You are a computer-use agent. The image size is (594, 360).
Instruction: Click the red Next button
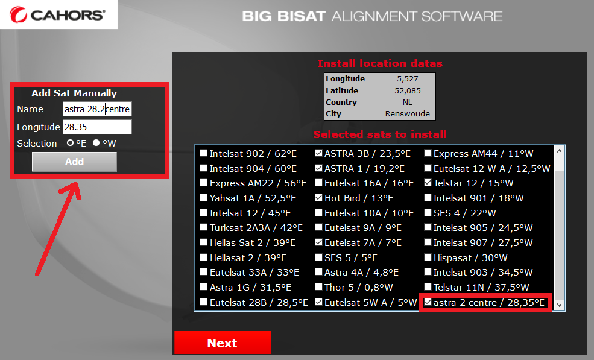(x=223, y=343)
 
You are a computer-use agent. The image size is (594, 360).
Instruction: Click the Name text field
(x=97, y=109)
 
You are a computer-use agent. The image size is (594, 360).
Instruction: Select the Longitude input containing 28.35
(x=97, y=127)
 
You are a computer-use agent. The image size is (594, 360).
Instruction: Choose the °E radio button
(x=70, y=143)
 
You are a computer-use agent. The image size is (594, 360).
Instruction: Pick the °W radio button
(x=96, y=143)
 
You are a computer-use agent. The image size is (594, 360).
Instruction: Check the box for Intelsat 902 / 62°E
(x=204, y=153)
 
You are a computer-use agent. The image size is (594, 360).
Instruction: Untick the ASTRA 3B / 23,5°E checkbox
(x=318, y=153)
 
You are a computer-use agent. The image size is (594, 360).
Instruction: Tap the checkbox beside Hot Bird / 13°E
(x=318, y=198)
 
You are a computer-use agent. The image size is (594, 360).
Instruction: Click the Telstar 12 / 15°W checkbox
(x=428, y=183)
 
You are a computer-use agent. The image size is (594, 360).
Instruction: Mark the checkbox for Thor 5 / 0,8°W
(x=318, y=287)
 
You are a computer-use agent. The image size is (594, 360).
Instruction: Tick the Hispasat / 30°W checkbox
(x=428, y=257)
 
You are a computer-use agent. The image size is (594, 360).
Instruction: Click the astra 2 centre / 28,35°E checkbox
(x=428, y=302)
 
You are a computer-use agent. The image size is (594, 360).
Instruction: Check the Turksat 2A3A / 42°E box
(x=204, y=228)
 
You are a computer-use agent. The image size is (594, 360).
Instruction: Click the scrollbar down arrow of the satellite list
(x=559, y=305)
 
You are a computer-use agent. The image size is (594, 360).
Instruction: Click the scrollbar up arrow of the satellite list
(x=559, y=151)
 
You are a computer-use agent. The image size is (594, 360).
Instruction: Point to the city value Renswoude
(x=407, y=114)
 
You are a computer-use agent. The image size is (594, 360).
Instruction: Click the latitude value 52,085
(x=408, y=91)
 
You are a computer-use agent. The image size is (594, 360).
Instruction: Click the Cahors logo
(x=57, y=15)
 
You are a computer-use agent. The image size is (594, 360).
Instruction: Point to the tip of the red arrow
(x=78, y=183)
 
